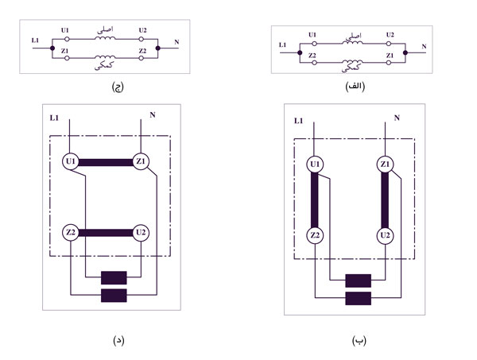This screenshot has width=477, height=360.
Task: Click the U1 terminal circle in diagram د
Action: pos(72,162)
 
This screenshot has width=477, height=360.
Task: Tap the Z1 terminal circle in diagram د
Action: pos(142,162)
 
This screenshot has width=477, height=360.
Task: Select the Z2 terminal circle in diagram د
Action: pos(72,233)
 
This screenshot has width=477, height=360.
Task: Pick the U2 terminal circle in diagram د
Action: pos(142,233)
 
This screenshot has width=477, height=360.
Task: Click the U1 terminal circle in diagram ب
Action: pos(316,165)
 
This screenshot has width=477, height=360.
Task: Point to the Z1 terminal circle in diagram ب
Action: pos(386,165)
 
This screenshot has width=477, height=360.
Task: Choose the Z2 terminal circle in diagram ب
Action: pos(316,236)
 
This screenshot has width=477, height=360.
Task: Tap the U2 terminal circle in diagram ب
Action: pos(386,236)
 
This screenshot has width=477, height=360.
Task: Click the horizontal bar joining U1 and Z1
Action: pos(107,163)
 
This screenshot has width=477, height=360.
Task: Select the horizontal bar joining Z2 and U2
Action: pos(107,233)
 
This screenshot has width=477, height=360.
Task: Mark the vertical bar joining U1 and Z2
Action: pos(316,200)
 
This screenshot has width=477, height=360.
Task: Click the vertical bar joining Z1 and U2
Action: pos(386,200)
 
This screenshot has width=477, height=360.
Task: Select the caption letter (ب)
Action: pos(358,340)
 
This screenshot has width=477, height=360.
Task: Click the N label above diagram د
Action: pos(151,115)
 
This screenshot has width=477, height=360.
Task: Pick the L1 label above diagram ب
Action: pos(299,121)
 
